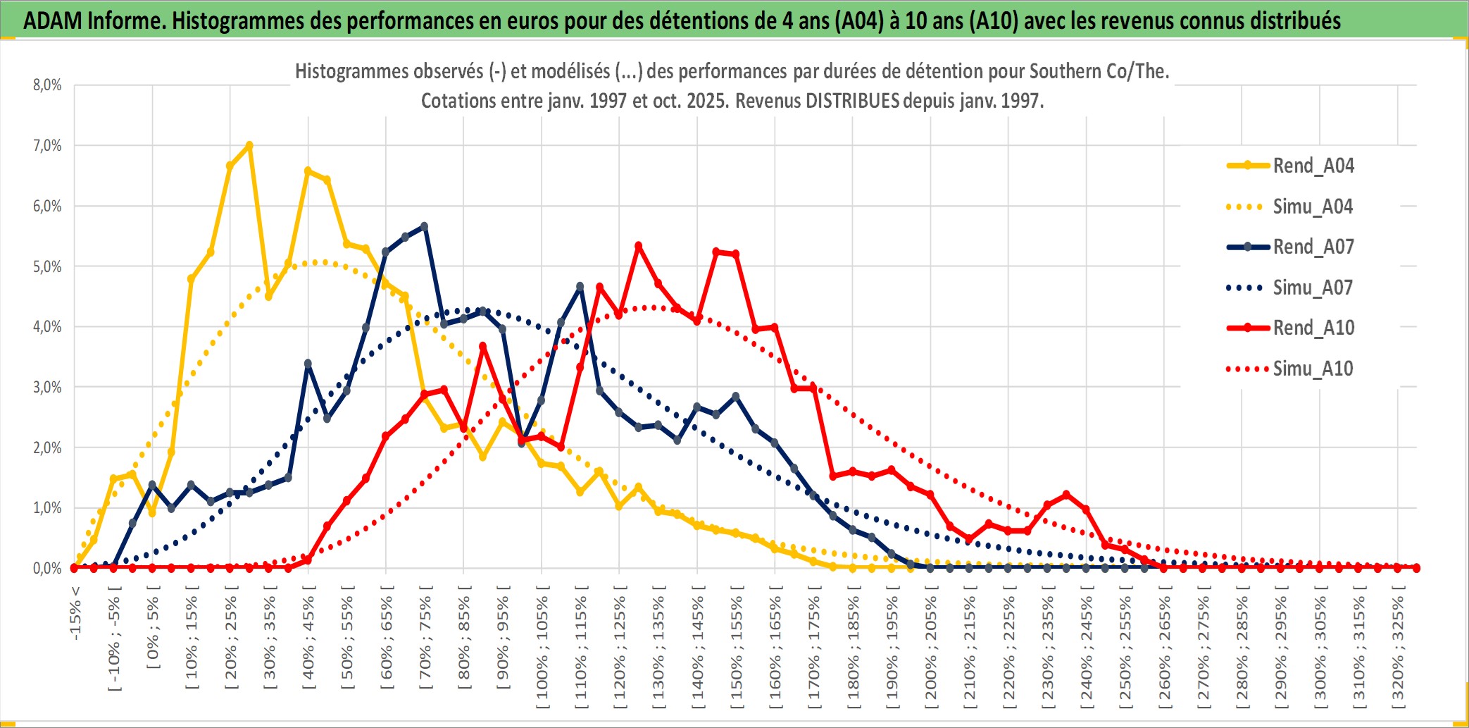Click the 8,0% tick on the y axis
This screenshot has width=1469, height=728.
pos(47,85)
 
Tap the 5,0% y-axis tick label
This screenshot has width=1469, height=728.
pos(47,266)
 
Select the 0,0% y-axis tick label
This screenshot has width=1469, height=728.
pos(47,568)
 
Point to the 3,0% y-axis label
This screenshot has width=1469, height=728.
pos(47,387)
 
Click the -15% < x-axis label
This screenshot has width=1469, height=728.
pos(75,613)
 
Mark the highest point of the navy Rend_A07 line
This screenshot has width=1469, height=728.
pos(424,226)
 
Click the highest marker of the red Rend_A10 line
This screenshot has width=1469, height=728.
pos(639,246)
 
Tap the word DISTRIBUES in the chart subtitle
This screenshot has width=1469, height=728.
pos(852,101)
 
